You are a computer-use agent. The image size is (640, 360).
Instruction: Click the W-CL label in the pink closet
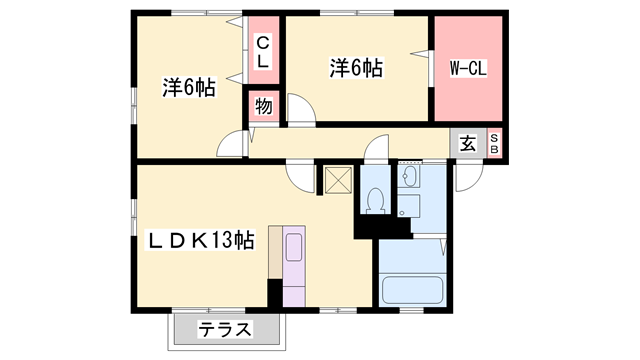[x=468, y=69]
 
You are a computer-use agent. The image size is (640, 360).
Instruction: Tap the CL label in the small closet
[x=262, y=51]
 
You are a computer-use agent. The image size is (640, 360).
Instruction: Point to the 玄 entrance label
[x=468, y=143]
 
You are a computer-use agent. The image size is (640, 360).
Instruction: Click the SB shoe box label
[x=494, y=143]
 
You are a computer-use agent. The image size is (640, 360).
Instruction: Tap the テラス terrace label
[x=224, y=330]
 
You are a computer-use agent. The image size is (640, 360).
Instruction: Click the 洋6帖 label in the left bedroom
[x=188, y=88]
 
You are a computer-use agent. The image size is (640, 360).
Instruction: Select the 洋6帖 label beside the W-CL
[x=357, y=69]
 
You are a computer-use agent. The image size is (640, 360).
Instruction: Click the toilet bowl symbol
[x=375, y=201]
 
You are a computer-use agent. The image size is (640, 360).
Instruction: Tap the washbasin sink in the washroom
[x=411, y=179]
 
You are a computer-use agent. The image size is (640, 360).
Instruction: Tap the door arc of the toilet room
[x=378, y=148]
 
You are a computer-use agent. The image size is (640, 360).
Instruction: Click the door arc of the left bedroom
[x=230, y=143]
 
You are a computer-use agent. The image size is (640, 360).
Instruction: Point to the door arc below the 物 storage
[x=299, y=107]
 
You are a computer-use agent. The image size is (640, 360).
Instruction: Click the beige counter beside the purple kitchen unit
[x=275, y=254]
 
